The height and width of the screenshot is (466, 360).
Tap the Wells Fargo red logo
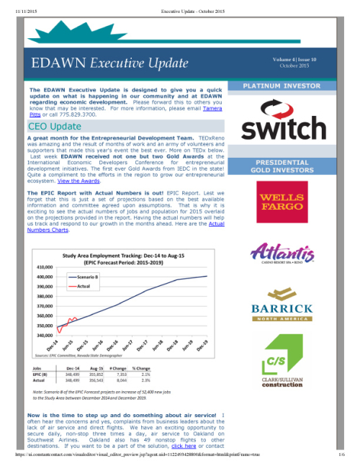click(x=282, y=205)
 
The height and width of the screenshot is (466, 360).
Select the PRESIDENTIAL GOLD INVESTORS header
click(x=282, y=166)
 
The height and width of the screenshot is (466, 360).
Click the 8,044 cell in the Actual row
click(x=120, y=380)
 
